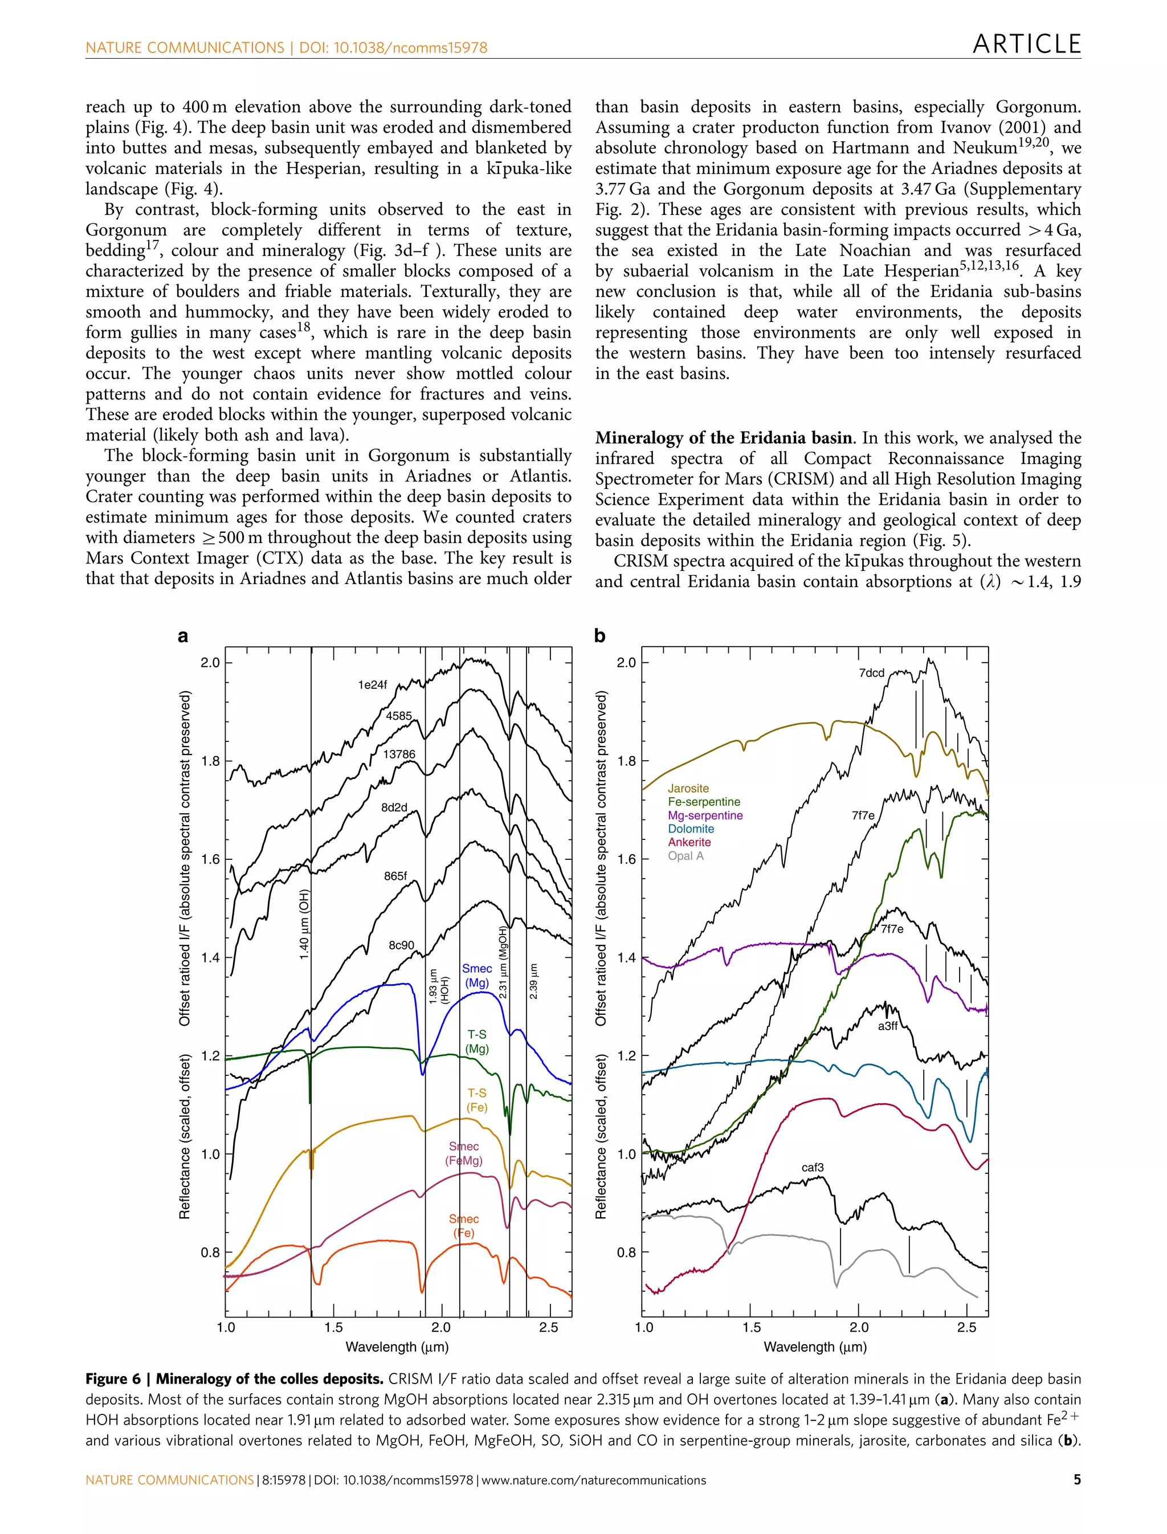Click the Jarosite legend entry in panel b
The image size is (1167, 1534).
(x=688, y=788)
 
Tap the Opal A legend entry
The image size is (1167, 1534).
(x=685, y=855)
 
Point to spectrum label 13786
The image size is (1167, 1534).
(x=399, y=754)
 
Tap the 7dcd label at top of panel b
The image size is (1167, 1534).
(x=871, y=672)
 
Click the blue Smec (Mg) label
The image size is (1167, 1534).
(x=476, y=976)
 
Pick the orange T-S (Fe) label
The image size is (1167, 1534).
(x=476, y=1100)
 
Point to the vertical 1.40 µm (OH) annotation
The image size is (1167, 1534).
(x=304, y=924)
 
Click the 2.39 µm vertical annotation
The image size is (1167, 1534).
(x=533, y=981)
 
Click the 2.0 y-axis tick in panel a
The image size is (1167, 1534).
(x=210, y=662)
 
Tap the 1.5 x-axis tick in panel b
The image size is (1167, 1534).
(x=751, y=1327)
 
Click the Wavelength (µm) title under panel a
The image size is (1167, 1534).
(x=397, y=1347)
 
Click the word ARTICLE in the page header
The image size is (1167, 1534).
(x=1026, y=44)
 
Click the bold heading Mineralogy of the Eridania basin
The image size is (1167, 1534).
(x=723, y=438)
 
